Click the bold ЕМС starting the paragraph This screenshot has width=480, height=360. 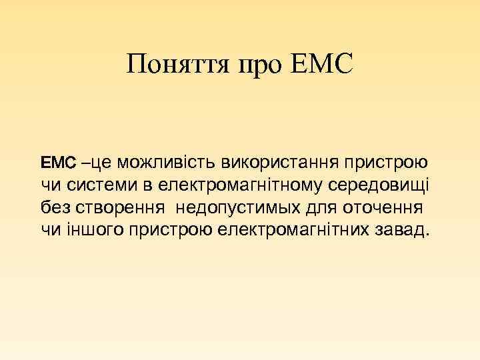coord(59,162)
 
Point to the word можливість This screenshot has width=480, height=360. coord(163,162)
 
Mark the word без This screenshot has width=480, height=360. coord(54,207)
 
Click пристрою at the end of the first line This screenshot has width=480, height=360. coord(386,162)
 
